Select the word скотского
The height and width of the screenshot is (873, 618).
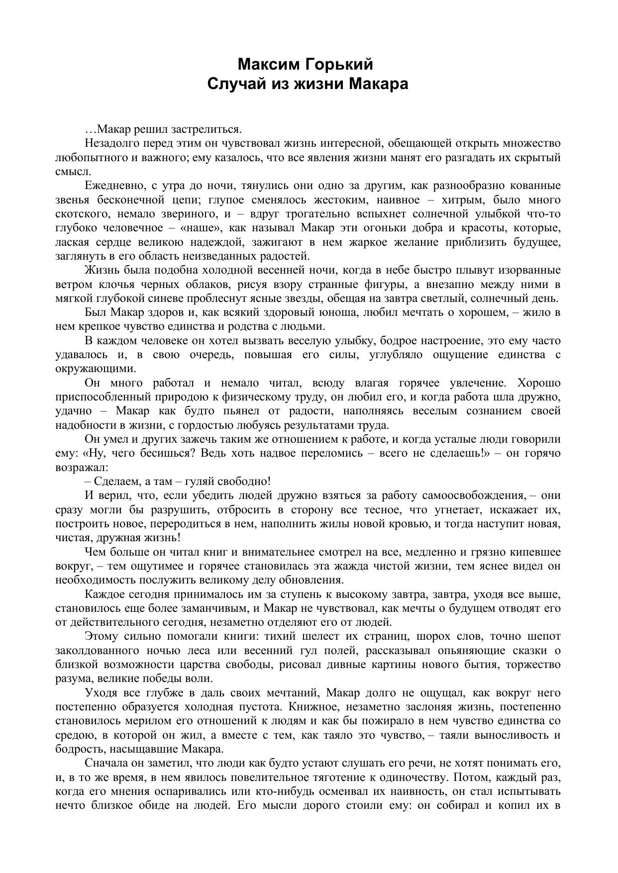(x=79, y=214)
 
